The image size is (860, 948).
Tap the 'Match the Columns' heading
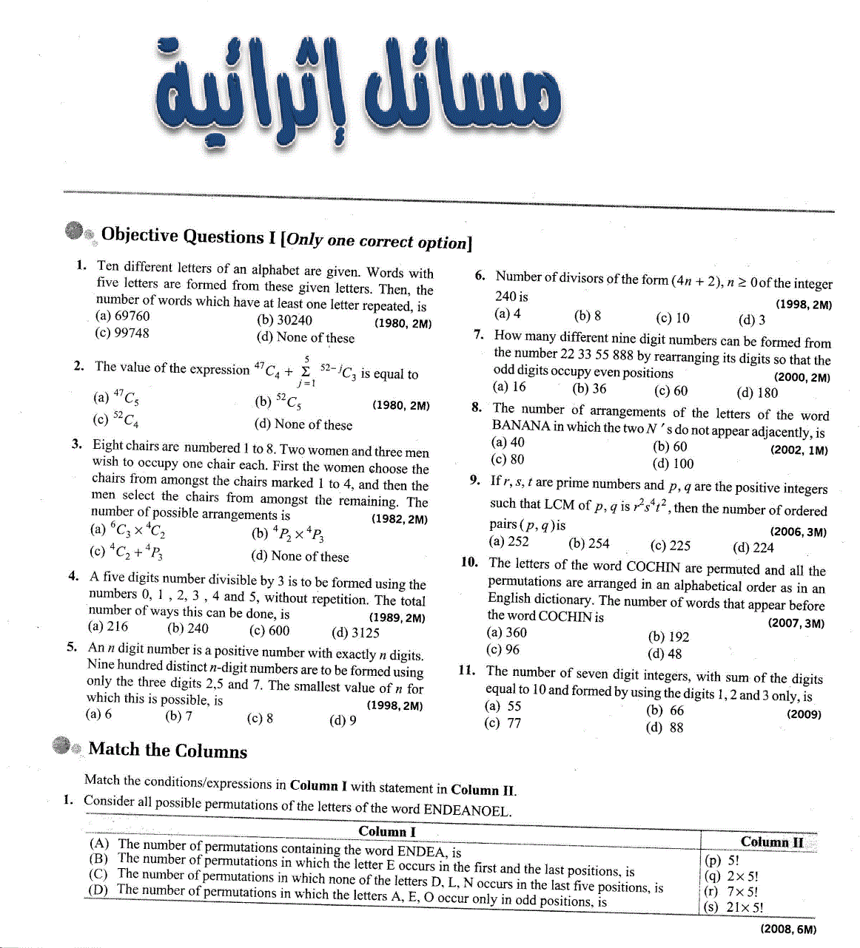tap(167, 750)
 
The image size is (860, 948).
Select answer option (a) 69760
tap(123, 316)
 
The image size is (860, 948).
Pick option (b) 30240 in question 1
tap(284, 320)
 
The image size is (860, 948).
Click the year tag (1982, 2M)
tap(399, 519)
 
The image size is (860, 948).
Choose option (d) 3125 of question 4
tap(355, 633)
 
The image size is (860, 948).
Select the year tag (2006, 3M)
tap(798, 532)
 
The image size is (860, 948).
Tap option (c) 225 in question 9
tap(670, 546)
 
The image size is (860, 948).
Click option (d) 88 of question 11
tap(664, 728)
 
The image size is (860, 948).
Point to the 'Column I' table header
tap(387, 831)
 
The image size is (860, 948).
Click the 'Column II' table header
tap(771, 842)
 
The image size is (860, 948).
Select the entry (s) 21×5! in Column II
tap(733, 907)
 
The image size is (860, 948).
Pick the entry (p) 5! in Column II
tap(722, 860)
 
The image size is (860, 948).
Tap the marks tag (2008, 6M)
tap(788, 930)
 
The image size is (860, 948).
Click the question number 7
tap(479, 334)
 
